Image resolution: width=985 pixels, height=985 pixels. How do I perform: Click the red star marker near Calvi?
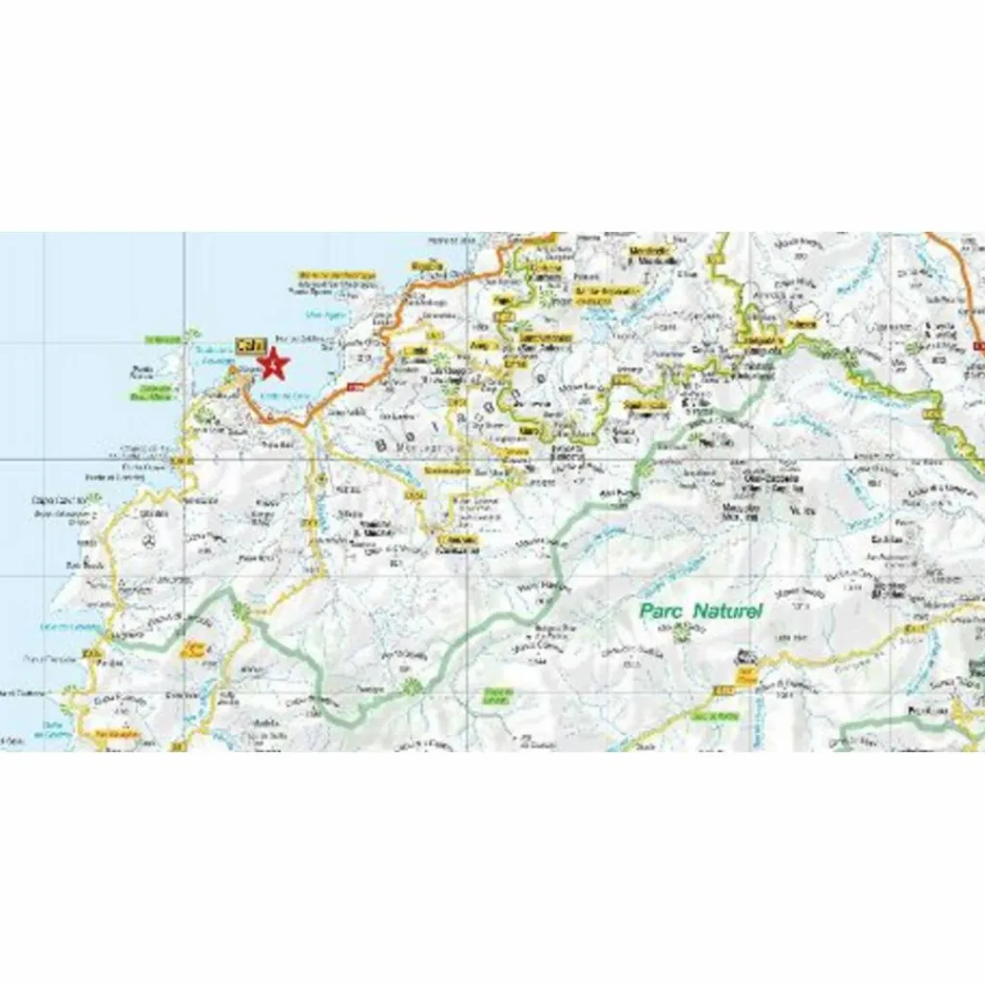(x=275, y=365)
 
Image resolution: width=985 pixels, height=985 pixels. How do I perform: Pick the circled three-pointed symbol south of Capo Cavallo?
(x=149, y=542)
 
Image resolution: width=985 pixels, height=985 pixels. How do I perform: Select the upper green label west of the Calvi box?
(x=164, y=339)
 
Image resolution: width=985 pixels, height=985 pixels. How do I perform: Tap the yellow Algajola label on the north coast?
(x=425, y=266)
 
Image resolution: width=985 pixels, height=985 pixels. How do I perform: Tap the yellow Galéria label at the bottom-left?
(x=115, y=736)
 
